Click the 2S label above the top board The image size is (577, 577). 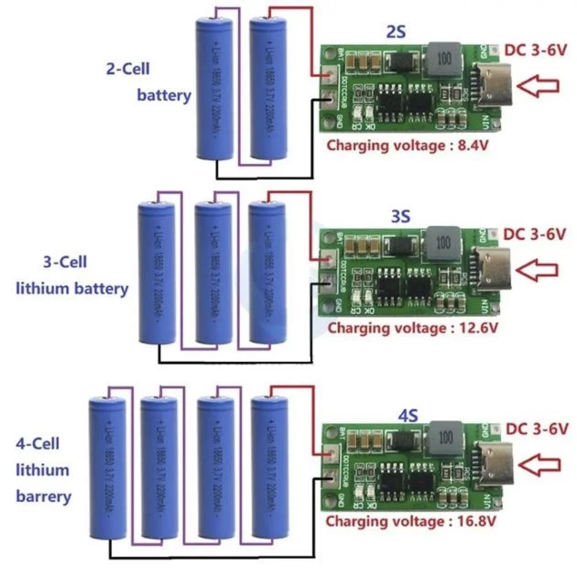396,32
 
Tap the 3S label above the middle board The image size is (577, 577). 400,216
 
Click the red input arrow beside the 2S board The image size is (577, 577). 539,86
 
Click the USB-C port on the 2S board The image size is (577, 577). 493,86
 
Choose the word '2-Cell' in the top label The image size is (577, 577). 127,69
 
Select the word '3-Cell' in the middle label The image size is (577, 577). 65,263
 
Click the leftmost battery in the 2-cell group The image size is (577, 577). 215,89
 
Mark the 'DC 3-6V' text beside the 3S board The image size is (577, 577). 534,235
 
